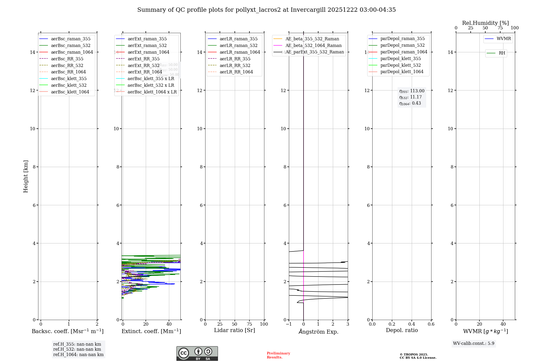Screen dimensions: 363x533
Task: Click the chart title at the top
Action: [266, 10]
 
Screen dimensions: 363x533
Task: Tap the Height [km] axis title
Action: [26, 176]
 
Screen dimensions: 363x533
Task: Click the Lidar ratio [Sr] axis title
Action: [235, 330]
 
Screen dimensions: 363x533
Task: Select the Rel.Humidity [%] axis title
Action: [485, 23]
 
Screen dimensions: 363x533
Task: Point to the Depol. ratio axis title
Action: [402, 330]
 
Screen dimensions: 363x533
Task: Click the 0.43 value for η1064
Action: [416, 103]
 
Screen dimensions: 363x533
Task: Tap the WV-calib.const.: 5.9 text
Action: [474, 344]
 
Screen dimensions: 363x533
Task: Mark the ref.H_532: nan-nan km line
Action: [77, 349]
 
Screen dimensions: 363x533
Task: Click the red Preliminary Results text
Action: [278, 355]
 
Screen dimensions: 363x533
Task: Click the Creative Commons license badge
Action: [197, 354]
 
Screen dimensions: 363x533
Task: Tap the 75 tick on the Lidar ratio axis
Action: [249, 324]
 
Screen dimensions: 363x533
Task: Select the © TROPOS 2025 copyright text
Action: [414, 355]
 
